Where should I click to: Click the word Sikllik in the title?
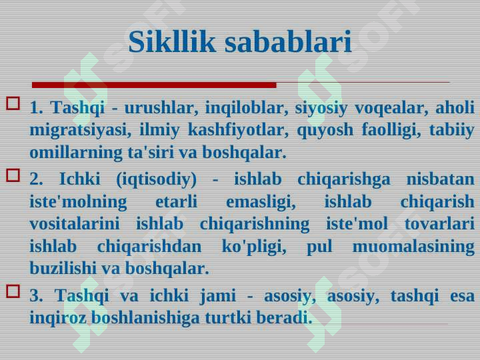172,41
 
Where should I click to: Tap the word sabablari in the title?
288,41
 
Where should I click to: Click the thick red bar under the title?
154,85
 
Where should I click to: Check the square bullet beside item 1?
13,103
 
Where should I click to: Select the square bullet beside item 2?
13,176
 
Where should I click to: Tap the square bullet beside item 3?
13,291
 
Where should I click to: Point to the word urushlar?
161,107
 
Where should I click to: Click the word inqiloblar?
247,107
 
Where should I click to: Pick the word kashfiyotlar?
238,130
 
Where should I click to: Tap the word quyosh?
325,130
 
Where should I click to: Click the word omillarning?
76,153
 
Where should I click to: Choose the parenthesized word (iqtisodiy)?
157,179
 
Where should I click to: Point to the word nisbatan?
441,179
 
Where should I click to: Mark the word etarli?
176,201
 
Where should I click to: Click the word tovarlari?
439,224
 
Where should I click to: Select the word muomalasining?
413,247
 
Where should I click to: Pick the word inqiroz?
58,318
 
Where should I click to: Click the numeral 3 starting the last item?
36,296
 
